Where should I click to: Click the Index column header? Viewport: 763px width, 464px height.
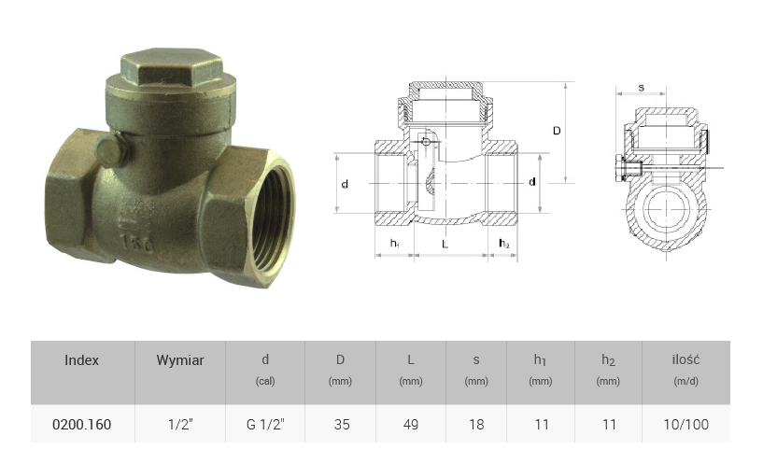click(x=82, y=360)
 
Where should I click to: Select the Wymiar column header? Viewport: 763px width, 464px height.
click(x=180, y=360)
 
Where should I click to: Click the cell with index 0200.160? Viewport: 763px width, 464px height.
click(x=82, y=425)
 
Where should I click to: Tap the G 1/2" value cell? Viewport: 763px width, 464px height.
click(x=265, y=425)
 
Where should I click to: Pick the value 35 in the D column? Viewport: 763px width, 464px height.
click(x=342, y=425)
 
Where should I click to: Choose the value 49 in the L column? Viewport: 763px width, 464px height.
click(x=411, y=425)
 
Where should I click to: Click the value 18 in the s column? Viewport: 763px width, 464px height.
click(x=476, y=425)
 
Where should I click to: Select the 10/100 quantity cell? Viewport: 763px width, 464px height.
click(x=686, y=425)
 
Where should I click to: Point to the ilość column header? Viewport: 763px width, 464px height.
click(x=686, y=360)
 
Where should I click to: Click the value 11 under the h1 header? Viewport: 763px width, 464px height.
click(x=542, y=425)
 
